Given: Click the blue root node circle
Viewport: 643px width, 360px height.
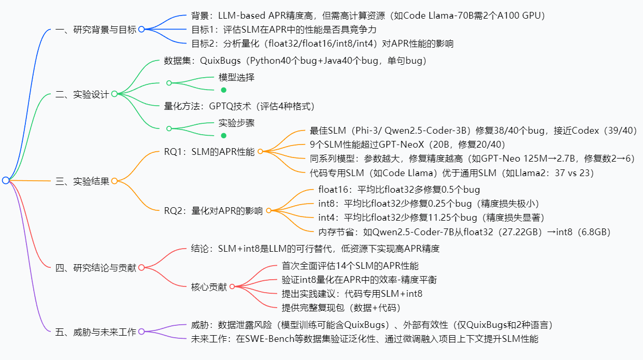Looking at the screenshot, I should coord(6,180).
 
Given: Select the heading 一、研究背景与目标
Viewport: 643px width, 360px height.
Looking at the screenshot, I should coord(95,30).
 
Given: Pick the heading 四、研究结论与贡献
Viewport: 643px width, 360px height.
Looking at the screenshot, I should coord(95,267).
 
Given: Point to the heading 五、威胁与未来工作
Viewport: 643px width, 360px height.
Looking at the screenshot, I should coord(95,332).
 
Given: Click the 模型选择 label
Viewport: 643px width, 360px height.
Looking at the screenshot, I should coord(236,77).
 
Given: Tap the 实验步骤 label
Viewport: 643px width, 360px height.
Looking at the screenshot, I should coord(236,123).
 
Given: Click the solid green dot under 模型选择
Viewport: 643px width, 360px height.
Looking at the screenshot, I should coord(224,90).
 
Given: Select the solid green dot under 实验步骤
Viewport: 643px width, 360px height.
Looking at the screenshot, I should coord(224,136).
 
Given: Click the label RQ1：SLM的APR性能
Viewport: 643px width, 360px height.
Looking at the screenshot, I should coord(209,151).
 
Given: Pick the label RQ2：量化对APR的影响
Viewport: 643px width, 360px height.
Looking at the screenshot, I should coord(213,210).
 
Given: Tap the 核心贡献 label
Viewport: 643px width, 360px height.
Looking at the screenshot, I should coord(209,286).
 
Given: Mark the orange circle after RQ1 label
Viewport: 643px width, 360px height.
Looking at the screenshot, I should coord(261,151).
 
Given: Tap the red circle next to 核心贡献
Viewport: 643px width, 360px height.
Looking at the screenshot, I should coord(232,286).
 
